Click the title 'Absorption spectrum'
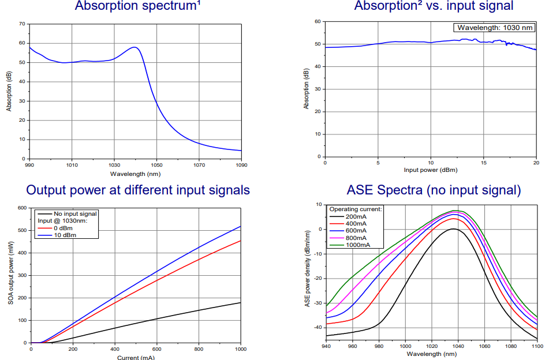pos(131,6)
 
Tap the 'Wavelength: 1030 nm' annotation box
pos(494,27)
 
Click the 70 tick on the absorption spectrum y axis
pos(21,24)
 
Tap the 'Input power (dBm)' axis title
pos(431,171)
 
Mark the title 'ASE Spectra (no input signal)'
pos(434,190)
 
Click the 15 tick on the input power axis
pos(484,163)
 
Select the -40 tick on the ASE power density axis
pos(317,327)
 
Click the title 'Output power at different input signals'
pos(138,190)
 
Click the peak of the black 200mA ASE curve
pos(454,228)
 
